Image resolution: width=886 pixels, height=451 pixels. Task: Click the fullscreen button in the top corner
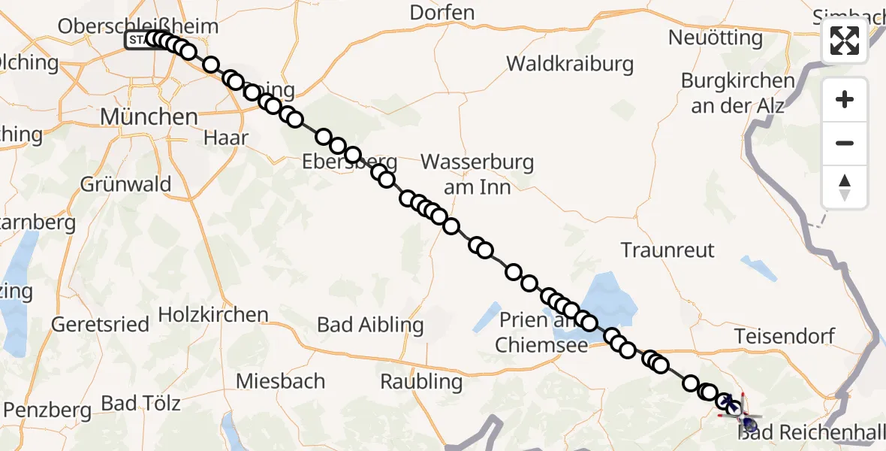[845, 41]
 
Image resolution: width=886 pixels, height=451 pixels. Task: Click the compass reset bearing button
[845, 186]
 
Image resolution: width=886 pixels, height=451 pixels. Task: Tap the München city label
[149, 117]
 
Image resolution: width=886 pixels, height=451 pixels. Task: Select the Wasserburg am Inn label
[477, 174]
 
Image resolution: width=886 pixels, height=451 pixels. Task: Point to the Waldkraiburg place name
[570, 64]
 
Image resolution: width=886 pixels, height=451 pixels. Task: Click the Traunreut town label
[668, 250]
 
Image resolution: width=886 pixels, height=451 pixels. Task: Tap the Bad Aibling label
[370, 325]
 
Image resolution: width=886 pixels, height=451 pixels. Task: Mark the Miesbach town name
[281, 381]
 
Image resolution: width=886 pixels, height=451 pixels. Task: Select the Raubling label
[421, 381]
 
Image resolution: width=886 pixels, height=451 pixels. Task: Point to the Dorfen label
[442, 13]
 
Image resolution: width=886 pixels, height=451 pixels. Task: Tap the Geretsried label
[100, 325]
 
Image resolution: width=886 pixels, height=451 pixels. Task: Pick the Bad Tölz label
[141, 403]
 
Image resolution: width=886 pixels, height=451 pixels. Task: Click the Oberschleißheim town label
[138, 26]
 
